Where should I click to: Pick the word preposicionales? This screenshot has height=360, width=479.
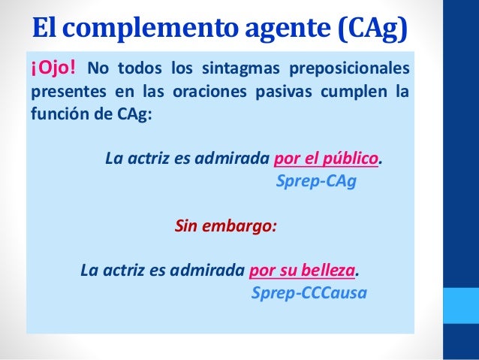[354, 71]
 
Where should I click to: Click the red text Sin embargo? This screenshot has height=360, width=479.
[225, 225]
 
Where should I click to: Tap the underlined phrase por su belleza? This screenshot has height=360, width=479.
[301, 268]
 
